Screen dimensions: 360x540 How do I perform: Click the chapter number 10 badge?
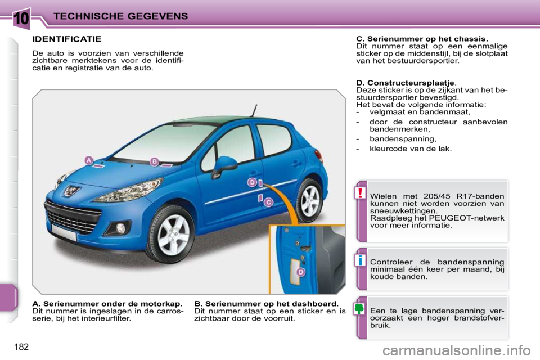click(22, 17)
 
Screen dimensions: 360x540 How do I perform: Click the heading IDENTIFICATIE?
click(67, 39)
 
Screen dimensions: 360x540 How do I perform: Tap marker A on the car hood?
click(88, 160)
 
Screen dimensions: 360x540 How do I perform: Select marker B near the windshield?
click(154, 161)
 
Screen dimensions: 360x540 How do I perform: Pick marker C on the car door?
click(269, 202)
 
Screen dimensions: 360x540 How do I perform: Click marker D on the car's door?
click(253, 182)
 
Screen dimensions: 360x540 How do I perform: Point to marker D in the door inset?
click(301, 272)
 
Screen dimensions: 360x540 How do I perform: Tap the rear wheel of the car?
click(309, 201)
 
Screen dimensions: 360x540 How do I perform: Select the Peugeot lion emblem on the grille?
click(73, 191)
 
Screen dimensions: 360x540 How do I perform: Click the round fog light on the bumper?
click(121, 228)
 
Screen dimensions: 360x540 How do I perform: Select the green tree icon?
click(361, 309)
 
